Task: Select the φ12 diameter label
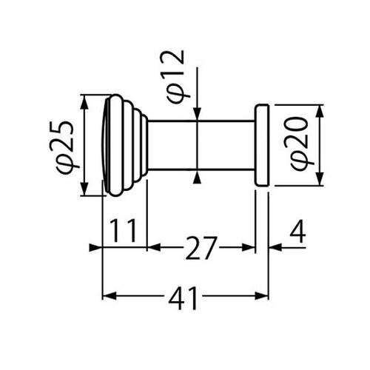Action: click(176, 77)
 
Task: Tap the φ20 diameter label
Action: click(299, 144)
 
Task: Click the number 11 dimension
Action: click(123, 231)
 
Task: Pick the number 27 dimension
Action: click(201, 248)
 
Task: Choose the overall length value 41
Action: click(183, 298)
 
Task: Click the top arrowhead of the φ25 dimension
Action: click(84, 101)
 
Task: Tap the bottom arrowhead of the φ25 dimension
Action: click(84, 189)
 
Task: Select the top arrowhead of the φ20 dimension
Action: click(320, 111)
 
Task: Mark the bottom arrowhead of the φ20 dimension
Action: click(320, 179)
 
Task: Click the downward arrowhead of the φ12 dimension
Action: click(198, 114)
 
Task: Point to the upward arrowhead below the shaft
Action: click(197, 177)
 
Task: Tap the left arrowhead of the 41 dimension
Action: click(110, 296)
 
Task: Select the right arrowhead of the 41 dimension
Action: click(261, 296)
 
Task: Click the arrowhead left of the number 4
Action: click(275, 247)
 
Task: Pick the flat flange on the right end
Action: click(261, 145)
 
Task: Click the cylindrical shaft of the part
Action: click(201, 145)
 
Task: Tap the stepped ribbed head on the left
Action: click(124, 145)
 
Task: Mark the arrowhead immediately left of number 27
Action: click(154, 247)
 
